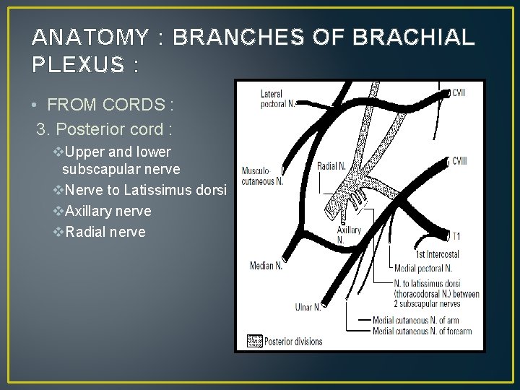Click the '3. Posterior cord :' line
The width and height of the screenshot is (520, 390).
click(x=105, y=130)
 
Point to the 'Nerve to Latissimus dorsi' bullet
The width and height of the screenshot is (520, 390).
click(x=145, y=191)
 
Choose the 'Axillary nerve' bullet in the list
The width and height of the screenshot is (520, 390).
click(x=108, y=211)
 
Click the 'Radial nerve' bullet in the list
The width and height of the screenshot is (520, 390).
click(x=105, y=232)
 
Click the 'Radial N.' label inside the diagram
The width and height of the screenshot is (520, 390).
click(x=331, y=167)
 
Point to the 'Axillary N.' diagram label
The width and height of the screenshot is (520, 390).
click(x=348, y=235)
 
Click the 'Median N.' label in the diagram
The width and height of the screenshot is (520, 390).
click(x=266, y=266)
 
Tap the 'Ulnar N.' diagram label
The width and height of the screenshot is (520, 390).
click(x=308, y=307)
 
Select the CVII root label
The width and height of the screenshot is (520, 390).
click(x=459, y=93)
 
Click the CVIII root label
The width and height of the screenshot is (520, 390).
click(x=459, y=160)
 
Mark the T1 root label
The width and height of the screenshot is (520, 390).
click(x=456, y=236)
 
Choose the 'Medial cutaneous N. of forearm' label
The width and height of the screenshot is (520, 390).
click(x=422, y=331)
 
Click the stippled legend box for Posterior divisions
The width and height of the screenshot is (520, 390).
click(x=255, y=341)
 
